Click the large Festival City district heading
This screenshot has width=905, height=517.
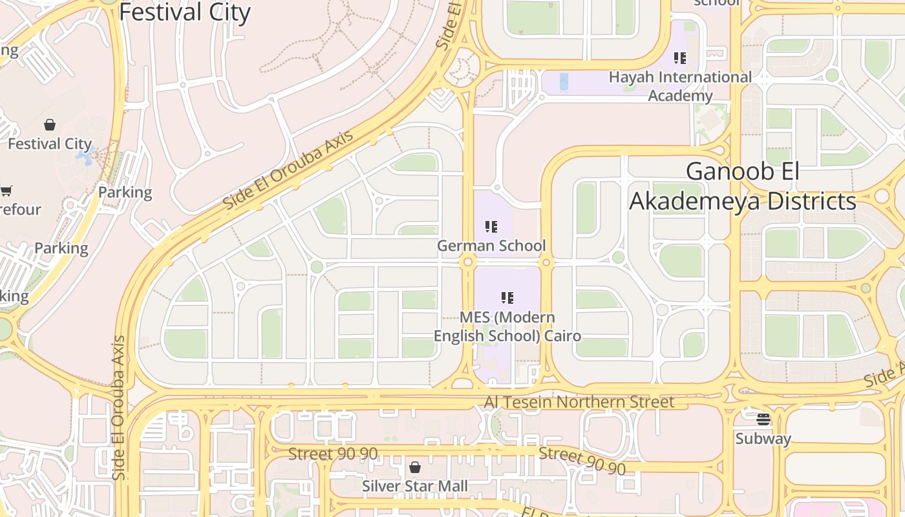[x=185, y=12]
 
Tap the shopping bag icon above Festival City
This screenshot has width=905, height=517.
[x=50, y=124]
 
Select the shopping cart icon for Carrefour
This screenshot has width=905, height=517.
[x=6, y=191]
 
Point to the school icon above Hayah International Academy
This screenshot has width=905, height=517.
[x=679, y=58]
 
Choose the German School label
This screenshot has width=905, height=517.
[x=491, y=246]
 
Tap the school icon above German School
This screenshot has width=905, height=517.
[x=491, y=227]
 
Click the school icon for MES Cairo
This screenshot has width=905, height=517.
[x=507, y=298]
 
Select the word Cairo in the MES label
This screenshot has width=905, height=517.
[x=562, y=336]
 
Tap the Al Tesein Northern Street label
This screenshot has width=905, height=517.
[x=579, y=402]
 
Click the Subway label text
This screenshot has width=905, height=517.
[x=763, y=439]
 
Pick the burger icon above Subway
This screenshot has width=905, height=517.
[x=763, y=419]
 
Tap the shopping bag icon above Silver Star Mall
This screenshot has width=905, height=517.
[x=415, y=467]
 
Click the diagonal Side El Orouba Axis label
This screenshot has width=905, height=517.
[x=288, y=169]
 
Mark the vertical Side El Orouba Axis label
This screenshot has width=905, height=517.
[x=118, y=407]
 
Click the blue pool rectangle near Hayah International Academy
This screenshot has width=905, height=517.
[x=564, y=81]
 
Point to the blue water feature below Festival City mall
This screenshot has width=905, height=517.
[x=85, y=157]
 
